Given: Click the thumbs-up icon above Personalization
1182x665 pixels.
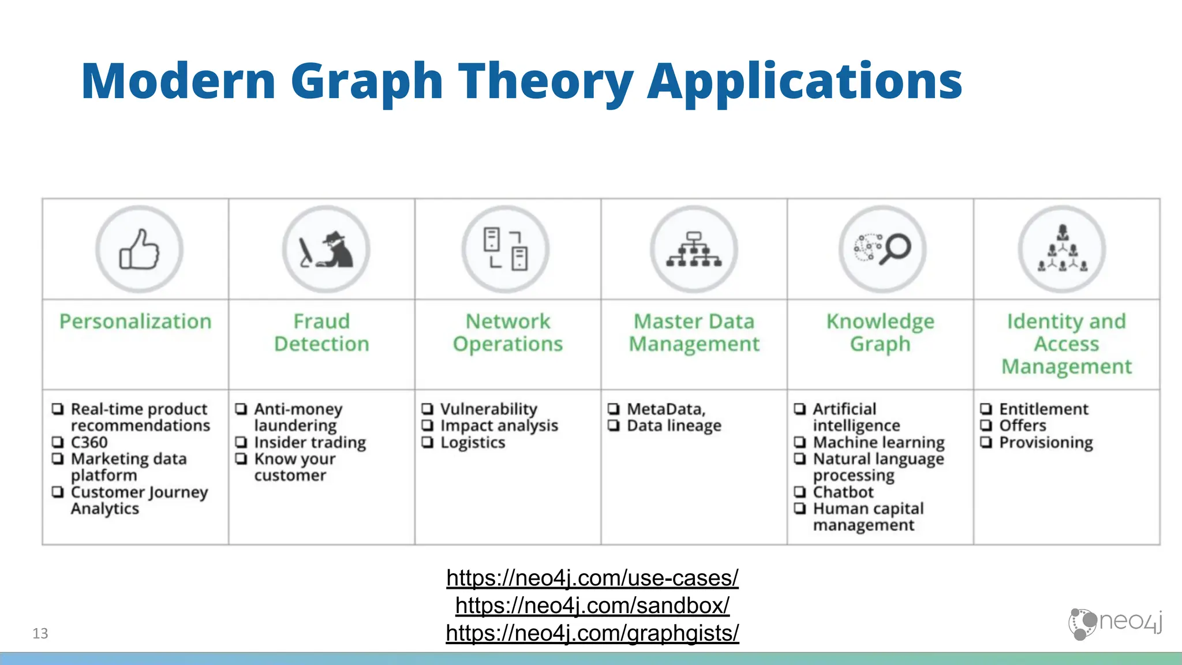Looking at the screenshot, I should (x=139, y=249).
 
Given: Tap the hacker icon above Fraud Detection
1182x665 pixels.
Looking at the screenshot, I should (x=326, y=250).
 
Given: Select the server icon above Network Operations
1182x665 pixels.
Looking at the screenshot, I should (x=506, y=249).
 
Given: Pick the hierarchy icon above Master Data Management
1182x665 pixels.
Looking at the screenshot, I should (x=694, y=249).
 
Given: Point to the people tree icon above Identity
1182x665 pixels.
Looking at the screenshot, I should (x=1063, y=249).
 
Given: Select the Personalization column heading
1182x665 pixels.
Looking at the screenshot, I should (x=136, y=322).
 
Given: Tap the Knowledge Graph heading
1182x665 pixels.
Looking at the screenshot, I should (x=880, y=332).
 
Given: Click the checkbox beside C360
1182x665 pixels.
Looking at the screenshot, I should (x=58, y=442).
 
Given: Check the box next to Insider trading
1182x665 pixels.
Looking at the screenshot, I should (x=241, y=442).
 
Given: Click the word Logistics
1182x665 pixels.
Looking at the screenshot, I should (x=473, y=443).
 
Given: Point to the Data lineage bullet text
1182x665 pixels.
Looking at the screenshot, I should (x=674, y=426).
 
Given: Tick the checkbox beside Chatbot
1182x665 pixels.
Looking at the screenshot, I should (x=800, y=492).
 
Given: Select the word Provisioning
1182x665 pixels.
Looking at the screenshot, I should (x=1046, y=443).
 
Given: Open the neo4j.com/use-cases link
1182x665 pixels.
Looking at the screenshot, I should (x=592, y=578).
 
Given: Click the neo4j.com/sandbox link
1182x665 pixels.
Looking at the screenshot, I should (x=592, y=606).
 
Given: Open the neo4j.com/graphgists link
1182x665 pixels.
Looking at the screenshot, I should (x=592, y=633).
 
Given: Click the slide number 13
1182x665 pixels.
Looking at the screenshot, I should (x=40, y=633).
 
